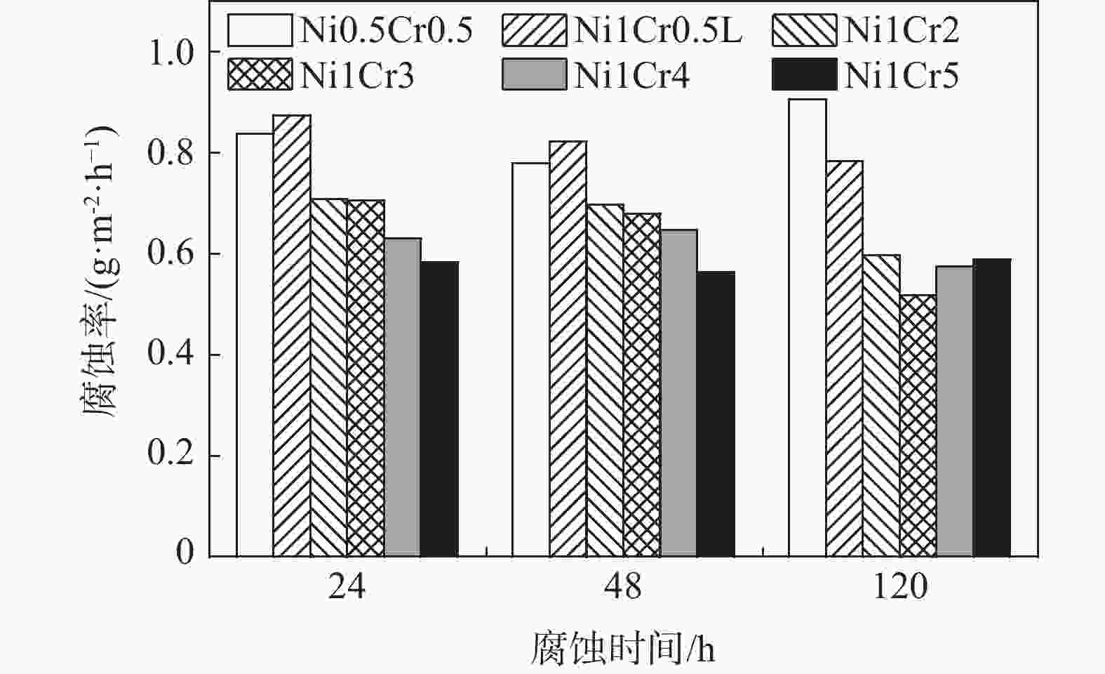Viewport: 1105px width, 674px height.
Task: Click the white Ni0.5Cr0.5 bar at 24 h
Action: point(255,344)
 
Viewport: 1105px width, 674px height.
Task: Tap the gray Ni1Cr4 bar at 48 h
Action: point(678,392)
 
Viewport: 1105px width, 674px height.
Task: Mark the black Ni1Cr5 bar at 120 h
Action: point(991,407)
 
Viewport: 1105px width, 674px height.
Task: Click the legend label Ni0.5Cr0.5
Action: point(386,31)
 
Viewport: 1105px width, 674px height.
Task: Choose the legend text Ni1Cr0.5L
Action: point(657,31)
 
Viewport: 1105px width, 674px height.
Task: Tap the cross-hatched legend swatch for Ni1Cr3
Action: point(260,75)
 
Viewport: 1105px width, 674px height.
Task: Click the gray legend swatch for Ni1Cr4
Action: point(534,75)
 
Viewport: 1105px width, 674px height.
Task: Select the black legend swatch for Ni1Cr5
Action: point(804,75)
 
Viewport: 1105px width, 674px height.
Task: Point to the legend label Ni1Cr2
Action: point(901,31)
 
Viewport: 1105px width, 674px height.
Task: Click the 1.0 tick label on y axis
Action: point(171,53)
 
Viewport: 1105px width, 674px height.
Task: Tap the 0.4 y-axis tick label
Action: point(171,355)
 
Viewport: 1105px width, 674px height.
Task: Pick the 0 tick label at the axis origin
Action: point(185,553)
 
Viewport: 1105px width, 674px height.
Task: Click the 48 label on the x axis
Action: point(622,587)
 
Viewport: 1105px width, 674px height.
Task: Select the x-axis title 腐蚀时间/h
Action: point(622,648)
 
